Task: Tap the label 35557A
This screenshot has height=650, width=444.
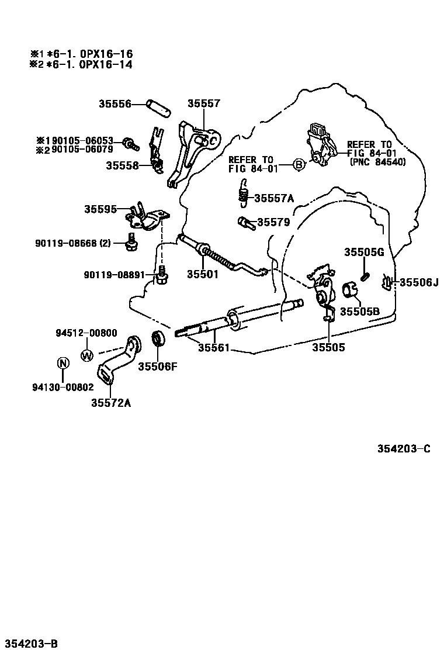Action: (x=274, y=198)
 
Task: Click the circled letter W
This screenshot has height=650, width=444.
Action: (x=86, y=354)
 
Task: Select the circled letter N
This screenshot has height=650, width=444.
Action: (x=63, y=363)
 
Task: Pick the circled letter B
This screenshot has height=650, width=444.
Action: (x=298, y=165)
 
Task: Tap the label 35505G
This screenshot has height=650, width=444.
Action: (x=363, y=252)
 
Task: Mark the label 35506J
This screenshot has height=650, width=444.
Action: (x=418, y=282)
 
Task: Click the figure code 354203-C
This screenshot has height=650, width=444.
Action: (x=403, y=448)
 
